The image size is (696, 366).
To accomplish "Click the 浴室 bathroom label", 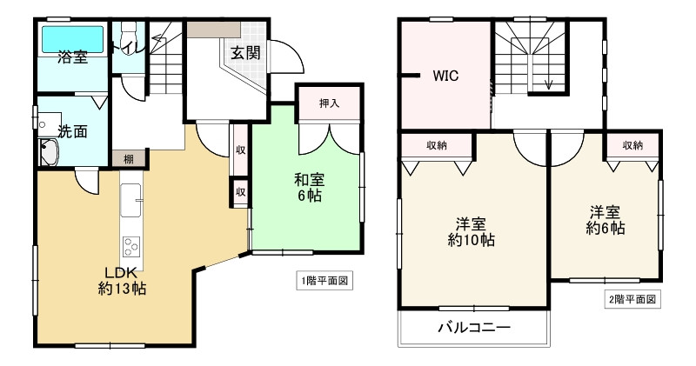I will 72,57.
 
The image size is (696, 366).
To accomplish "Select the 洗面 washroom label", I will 72,131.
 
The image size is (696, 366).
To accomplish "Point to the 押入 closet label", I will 329,103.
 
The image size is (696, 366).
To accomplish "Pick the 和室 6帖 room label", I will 308,188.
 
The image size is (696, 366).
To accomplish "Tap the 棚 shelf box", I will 128,158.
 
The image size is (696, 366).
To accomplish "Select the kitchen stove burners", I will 131,245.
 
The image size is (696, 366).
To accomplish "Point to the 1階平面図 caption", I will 325,281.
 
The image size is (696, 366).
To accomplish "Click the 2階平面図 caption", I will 631,299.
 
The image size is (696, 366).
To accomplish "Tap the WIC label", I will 445,76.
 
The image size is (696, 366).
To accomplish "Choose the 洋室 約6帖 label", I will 606,220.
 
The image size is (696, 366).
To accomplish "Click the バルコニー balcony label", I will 473,328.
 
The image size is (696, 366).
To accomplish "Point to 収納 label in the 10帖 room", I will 437,145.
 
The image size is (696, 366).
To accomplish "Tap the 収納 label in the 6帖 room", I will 633,145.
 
